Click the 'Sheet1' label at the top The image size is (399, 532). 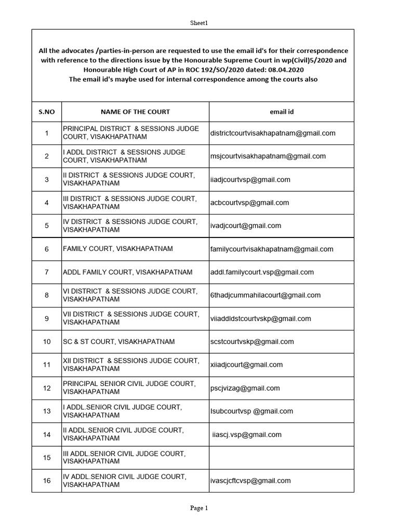tap(199, 22)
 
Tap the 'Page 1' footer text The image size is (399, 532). tap(199, 508)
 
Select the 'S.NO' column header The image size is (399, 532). tap(47, 112)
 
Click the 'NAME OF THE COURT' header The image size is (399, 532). tap(135, 112)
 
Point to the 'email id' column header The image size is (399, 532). tap(282, 112)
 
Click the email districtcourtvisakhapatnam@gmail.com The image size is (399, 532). tap(273, 133)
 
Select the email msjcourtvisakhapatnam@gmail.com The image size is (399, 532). tap(268, 156)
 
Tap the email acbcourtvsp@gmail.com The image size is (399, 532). tap(249, 203)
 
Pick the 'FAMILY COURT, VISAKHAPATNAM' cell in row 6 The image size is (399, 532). tap(118, 249)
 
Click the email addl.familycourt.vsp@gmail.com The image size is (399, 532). tap(262, 272)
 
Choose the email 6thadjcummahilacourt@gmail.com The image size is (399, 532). tap(265, 295)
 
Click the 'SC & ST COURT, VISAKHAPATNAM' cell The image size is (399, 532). tap(119, 342)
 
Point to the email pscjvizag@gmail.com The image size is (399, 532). tap(245, 388)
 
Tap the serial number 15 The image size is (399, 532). tap(47, 458)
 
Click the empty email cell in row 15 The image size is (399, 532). tap(282, 458)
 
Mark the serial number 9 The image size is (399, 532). tap(47, 318)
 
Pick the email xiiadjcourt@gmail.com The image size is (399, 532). tap(246, 365)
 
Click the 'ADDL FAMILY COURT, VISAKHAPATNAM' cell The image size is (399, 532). tap(127, 272)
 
